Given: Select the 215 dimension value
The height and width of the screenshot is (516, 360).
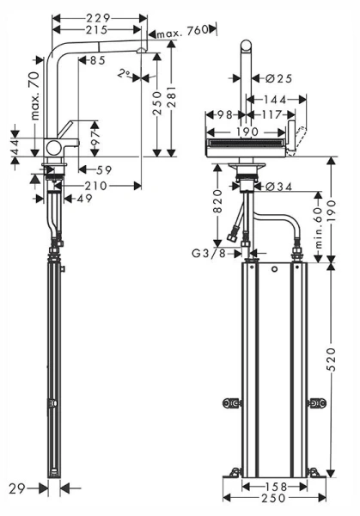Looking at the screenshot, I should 103,28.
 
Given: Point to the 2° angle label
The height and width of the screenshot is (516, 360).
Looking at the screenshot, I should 125,75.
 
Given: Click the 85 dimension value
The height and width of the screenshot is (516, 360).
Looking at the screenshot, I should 95,60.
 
